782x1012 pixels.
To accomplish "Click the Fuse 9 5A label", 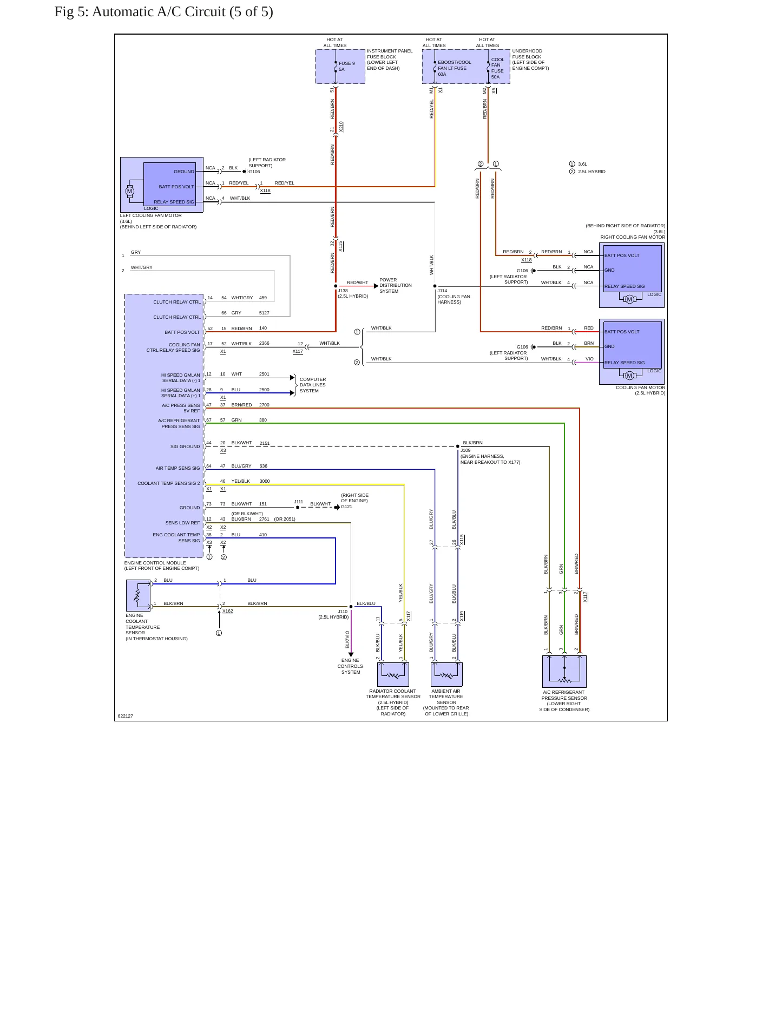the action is (347, 67).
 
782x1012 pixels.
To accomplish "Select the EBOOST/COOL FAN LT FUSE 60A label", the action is (455, 68).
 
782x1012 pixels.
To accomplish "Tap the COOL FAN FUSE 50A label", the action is (497, 68).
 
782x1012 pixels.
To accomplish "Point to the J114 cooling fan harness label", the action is (454, 297).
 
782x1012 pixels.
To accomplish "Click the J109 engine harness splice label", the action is (490, 456).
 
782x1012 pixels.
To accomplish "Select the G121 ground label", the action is (346, 507).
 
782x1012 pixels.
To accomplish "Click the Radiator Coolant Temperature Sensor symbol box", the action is (393, 674).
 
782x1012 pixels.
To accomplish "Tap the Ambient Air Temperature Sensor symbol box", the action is (446, 674).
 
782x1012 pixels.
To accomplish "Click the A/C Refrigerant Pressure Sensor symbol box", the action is (564, 672).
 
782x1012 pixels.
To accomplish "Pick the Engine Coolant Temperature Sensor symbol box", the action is (139, 595).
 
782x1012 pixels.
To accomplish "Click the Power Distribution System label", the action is (395, 286).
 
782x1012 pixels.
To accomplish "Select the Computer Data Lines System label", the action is (313, 385).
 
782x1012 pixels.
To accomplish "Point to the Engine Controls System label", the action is (350, 666).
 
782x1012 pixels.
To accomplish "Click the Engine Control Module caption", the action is (162, 566).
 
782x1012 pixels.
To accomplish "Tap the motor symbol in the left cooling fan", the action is (129, 191).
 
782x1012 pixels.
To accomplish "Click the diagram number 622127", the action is (126, 716).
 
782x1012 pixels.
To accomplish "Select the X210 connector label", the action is (341, 127).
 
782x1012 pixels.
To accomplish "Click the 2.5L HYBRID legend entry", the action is (592, 172).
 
